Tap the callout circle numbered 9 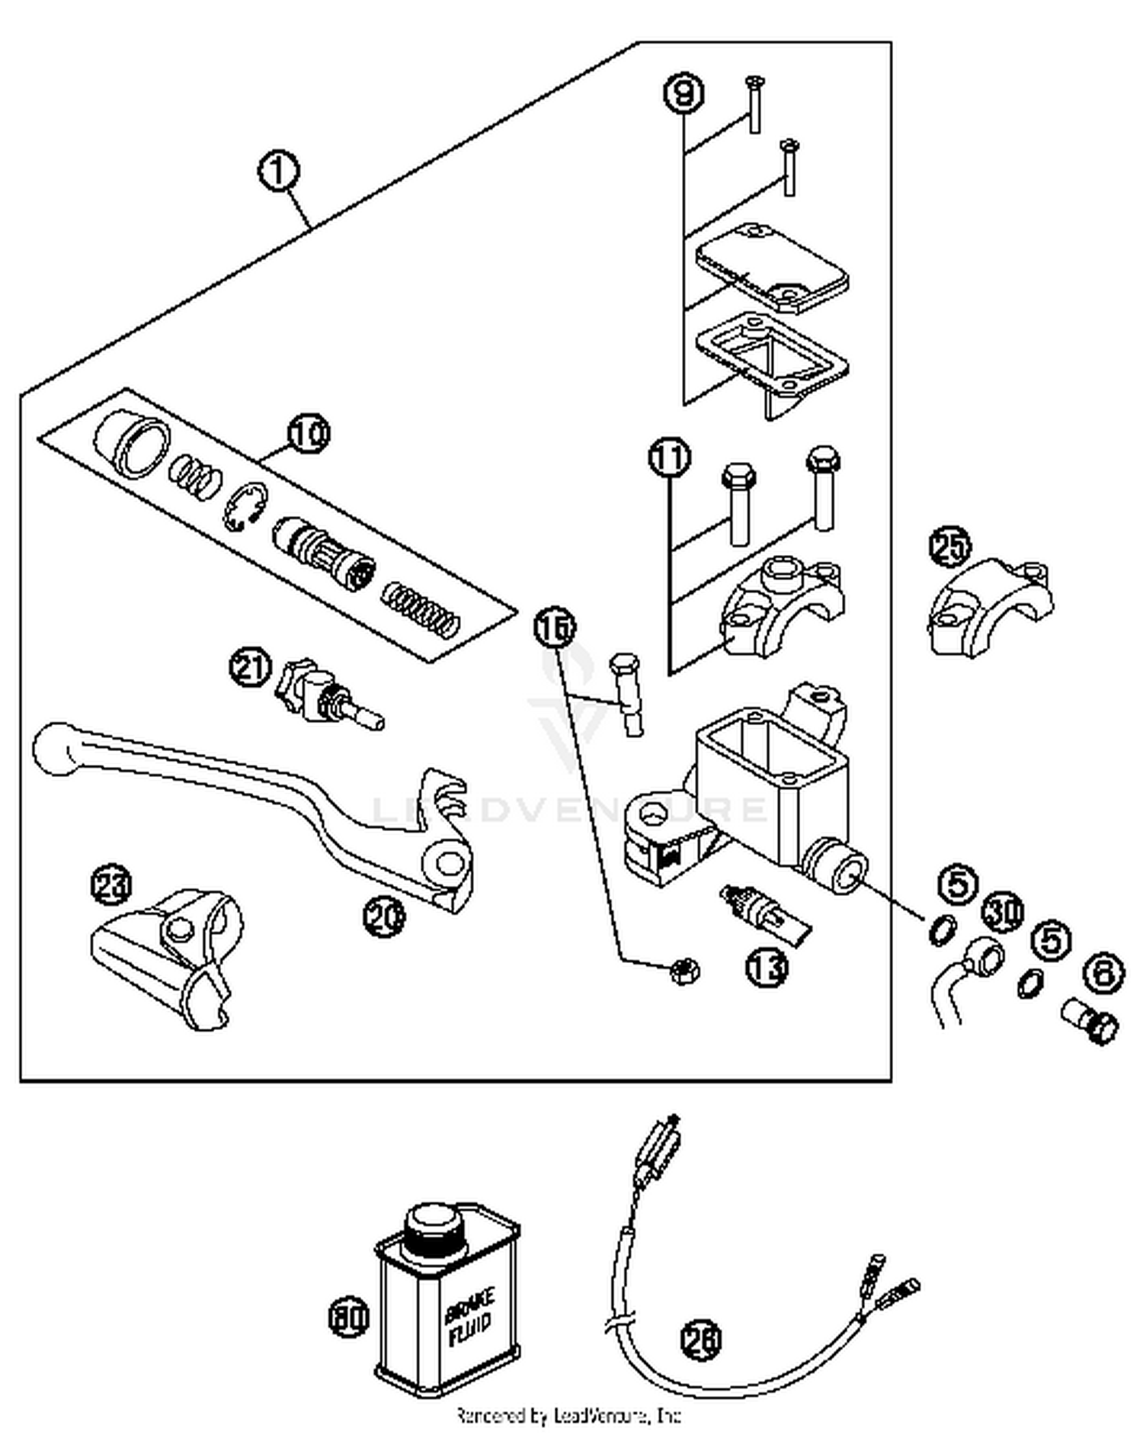(x=684, y=93)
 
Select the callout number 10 (x=309, y=434)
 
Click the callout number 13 (x=767, y=967)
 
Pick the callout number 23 (x=111, y=885)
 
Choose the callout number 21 (x=251, y=668)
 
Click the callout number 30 (x=1002, y=912)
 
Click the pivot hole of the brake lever (x=450, y=863)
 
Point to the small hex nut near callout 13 (x=684, y=971)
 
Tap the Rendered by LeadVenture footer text (x=568, y=1416)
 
